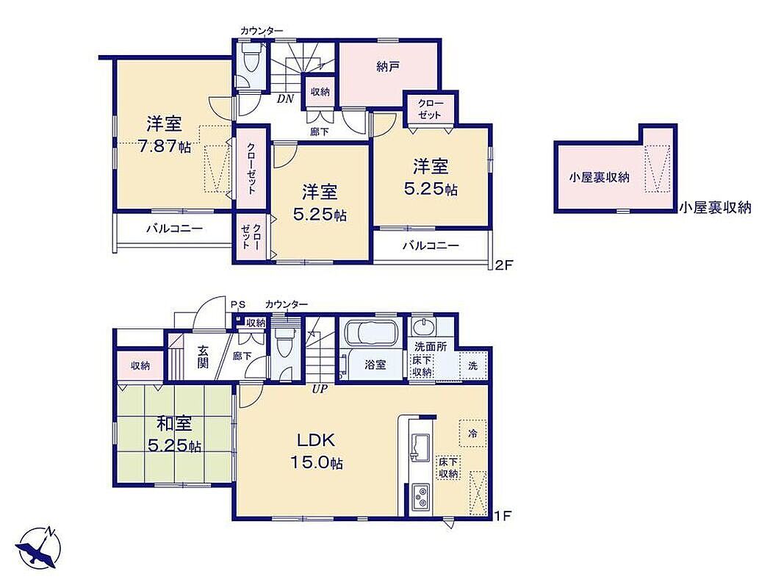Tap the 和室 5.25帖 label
pos(174,434)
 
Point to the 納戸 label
pos(387,66)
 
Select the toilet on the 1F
pos(286,342)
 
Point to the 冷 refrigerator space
pos(472,434)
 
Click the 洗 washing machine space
pos(473,366)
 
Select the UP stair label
pos(320,389)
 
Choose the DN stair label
pos(286,98)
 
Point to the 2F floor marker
pos(503,265)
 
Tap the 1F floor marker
pos(503,515)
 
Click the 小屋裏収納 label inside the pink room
pos(599,177)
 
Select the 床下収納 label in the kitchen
pos(448,467)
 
